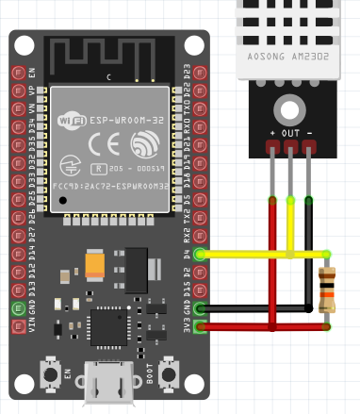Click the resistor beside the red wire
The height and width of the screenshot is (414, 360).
coord(327,290)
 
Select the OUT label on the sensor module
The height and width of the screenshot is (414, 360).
coord(290,133)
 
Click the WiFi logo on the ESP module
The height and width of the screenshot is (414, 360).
coord(74,120)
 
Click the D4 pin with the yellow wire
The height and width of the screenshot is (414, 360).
coord(199,254)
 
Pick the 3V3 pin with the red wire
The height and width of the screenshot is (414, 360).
coord(199,326)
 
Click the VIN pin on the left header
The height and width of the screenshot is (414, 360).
coord(18,326)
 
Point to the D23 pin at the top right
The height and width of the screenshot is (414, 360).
coord(199,73)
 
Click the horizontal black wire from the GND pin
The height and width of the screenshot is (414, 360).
coord(254,308)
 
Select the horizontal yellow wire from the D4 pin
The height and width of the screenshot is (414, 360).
coord(254,254)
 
